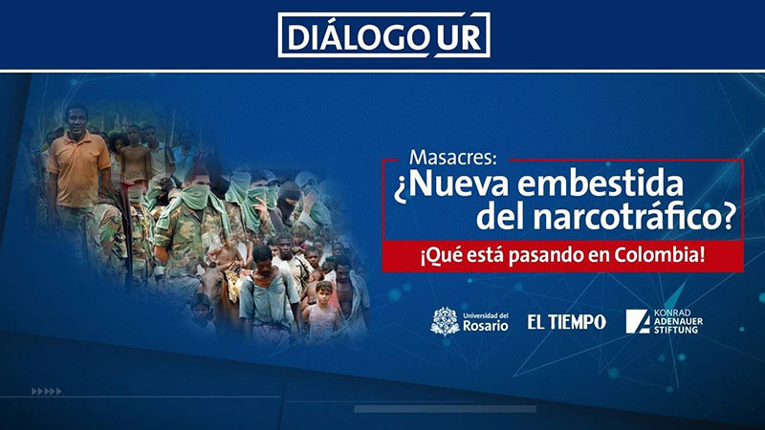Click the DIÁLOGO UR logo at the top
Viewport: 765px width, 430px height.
tap(384, 35)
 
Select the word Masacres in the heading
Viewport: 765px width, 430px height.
tap(452, 158)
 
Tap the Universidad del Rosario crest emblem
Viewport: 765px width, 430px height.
tap(445, 321)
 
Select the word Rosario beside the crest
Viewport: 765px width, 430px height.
tap(486, 325)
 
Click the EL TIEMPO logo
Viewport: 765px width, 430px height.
tap(566, 322)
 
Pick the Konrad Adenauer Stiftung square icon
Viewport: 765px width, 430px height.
tap(638, 321)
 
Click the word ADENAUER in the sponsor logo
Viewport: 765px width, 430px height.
tap(678, 321)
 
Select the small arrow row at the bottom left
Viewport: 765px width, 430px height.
tap(46, 391)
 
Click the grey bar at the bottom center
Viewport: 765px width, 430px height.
tap(445, 409)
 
